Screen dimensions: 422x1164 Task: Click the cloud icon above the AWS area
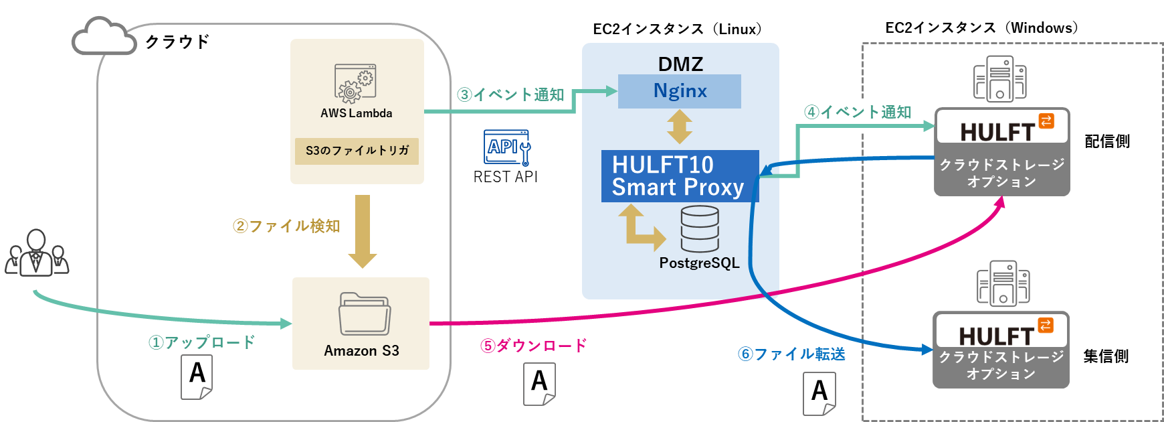click(x=104, y=38)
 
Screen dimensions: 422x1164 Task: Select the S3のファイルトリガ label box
click(x=357, y=151)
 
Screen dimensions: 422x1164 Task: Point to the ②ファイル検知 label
click(x=286, y=226)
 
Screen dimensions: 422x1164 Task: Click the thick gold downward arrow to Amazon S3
click(x=363, y=232)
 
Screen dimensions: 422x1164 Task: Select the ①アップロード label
click(x=201, y=342)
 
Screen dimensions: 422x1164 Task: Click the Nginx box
click(x=679, y=91)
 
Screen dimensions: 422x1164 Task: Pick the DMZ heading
click(x=680, y=64)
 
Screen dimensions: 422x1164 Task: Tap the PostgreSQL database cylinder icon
click(x=700, y=229)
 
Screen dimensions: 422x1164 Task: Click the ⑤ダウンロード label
click(x=533, y=346)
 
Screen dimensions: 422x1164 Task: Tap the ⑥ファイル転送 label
click(x=791, y=354)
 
